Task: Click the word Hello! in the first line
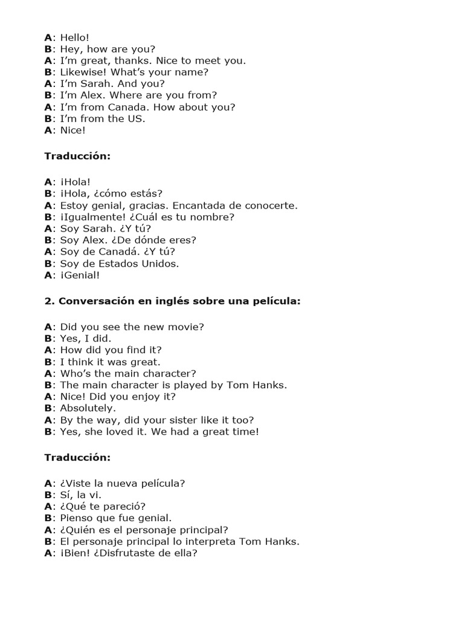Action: coord(74,37)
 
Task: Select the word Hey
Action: coord(69,49)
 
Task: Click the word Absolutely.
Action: coord(88,408)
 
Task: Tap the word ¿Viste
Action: coord(76,483)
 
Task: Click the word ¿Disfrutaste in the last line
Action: coord(134,553)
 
